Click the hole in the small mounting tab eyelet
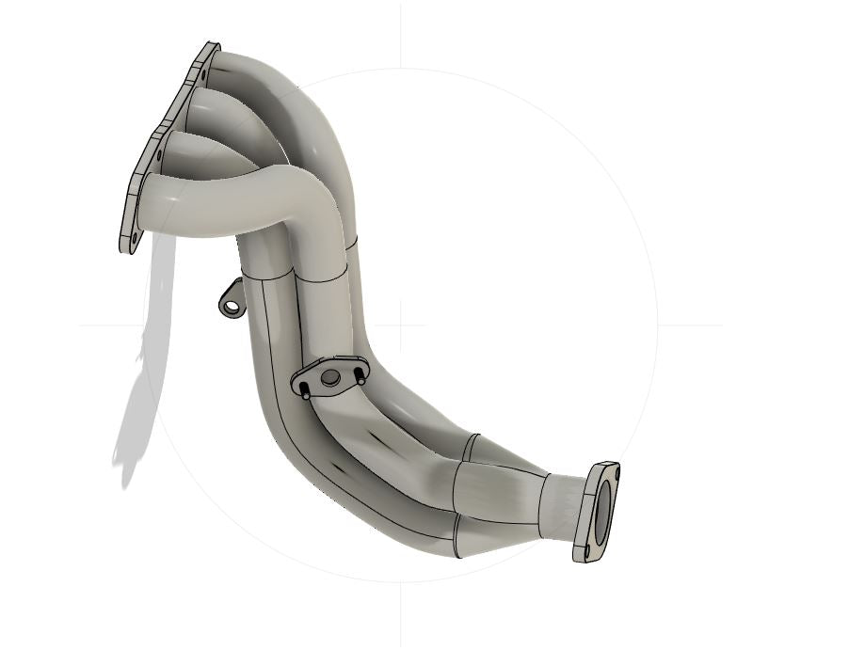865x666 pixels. [x=228, y=305]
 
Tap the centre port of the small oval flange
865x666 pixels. [x=329, y=377]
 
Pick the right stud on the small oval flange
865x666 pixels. [x=360, y=375]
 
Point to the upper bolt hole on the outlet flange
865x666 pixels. [x=612, y=470]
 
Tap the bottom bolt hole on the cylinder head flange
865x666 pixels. [x=133, y=239]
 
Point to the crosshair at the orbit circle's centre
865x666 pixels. [x=400, y=325]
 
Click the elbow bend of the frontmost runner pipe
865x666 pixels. [x=301, y=198]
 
